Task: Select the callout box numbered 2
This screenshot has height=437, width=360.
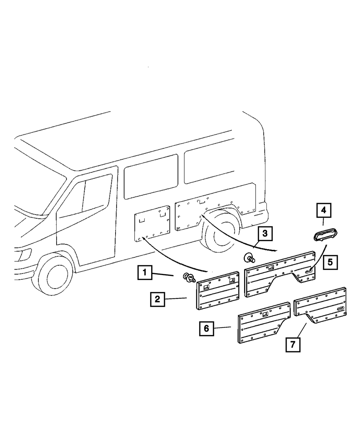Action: pyautogui.click(x=157, y=299)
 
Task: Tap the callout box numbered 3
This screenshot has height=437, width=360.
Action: pyautogui.click(x=265, y=233)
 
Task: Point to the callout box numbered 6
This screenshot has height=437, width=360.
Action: pyautogui.click(x=206, y=328)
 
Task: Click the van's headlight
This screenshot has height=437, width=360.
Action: pyautogui.click(x=24, y=254)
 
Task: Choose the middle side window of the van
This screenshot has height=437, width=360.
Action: pyautogui.click(x=151, y=176)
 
